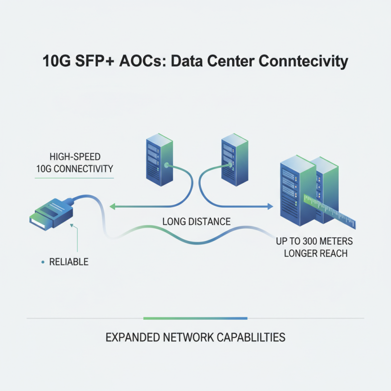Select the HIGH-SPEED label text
(74, 157)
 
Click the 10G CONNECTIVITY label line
(74, 169)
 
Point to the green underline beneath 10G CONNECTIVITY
(74, 178)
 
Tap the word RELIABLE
(69, 262)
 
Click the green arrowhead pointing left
(111, 207)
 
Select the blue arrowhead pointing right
(269, 207)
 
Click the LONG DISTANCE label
(196, 222)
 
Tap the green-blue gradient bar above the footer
(195, 318)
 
